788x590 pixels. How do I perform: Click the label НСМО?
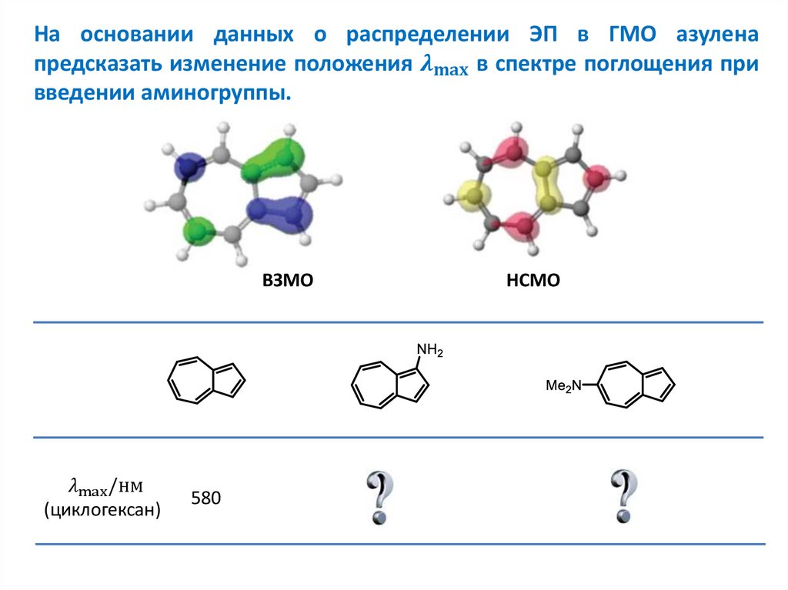click(533, 282)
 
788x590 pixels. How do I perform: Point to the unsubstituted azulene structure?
click(206, 380)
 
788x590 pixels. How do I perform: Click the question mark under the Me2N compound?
click(624, 497)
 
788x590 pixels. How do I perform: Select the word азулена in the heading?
click(717, 35)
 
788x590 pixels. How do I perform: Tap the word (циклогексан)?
click(102, 509)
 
